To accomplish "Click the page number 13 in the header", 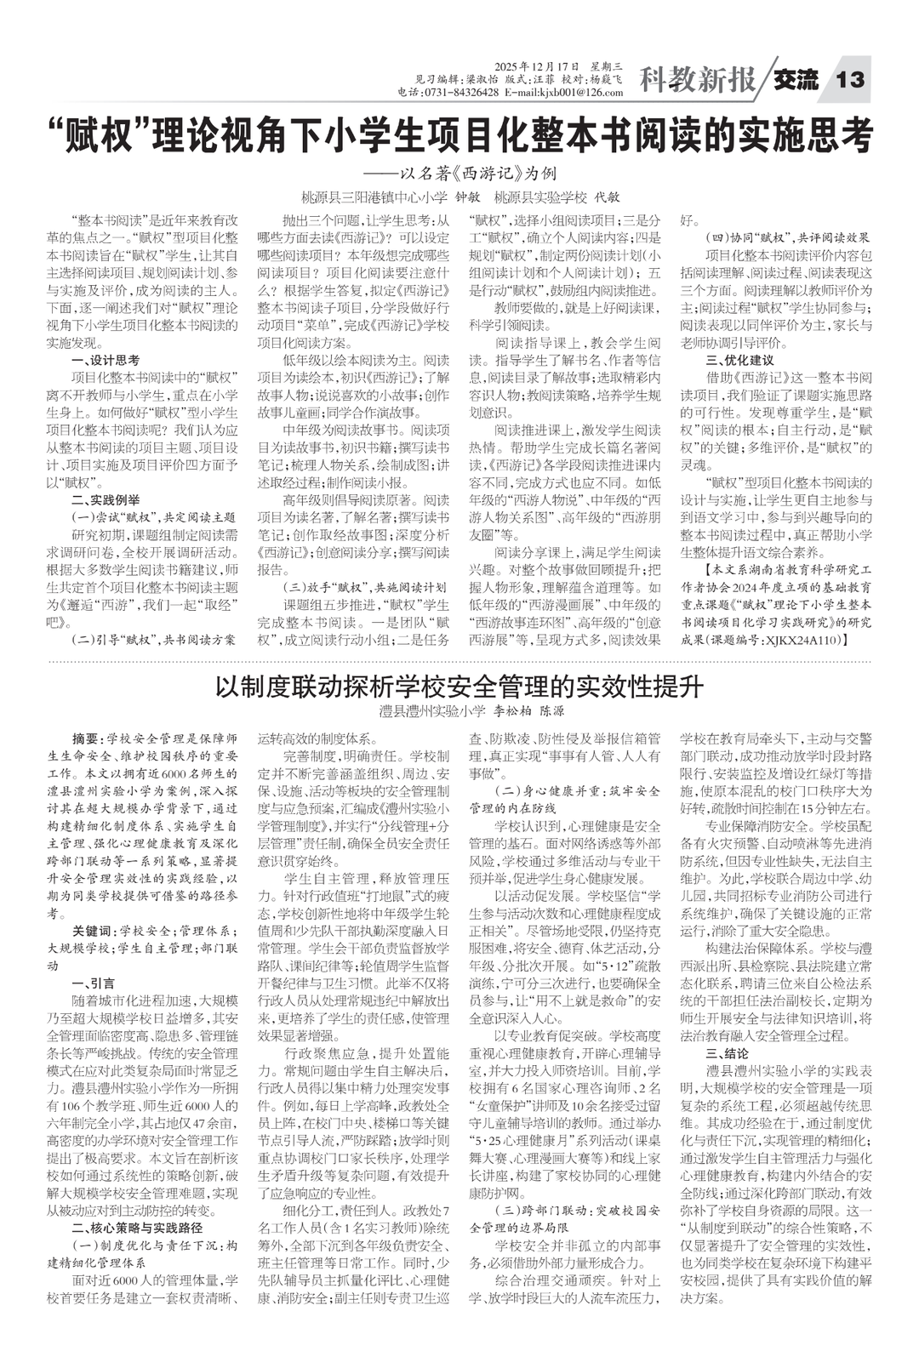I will (850, 80).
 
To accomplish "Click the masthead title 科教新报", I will (697, 81).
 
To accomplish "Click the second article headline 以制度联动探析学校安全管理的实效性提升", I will (459, 685).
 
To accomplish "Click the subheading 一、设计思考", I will (106, 361).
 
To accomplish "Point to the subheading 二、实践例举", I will (106, 499).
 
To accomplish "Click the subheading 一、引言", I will (94, 983).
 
